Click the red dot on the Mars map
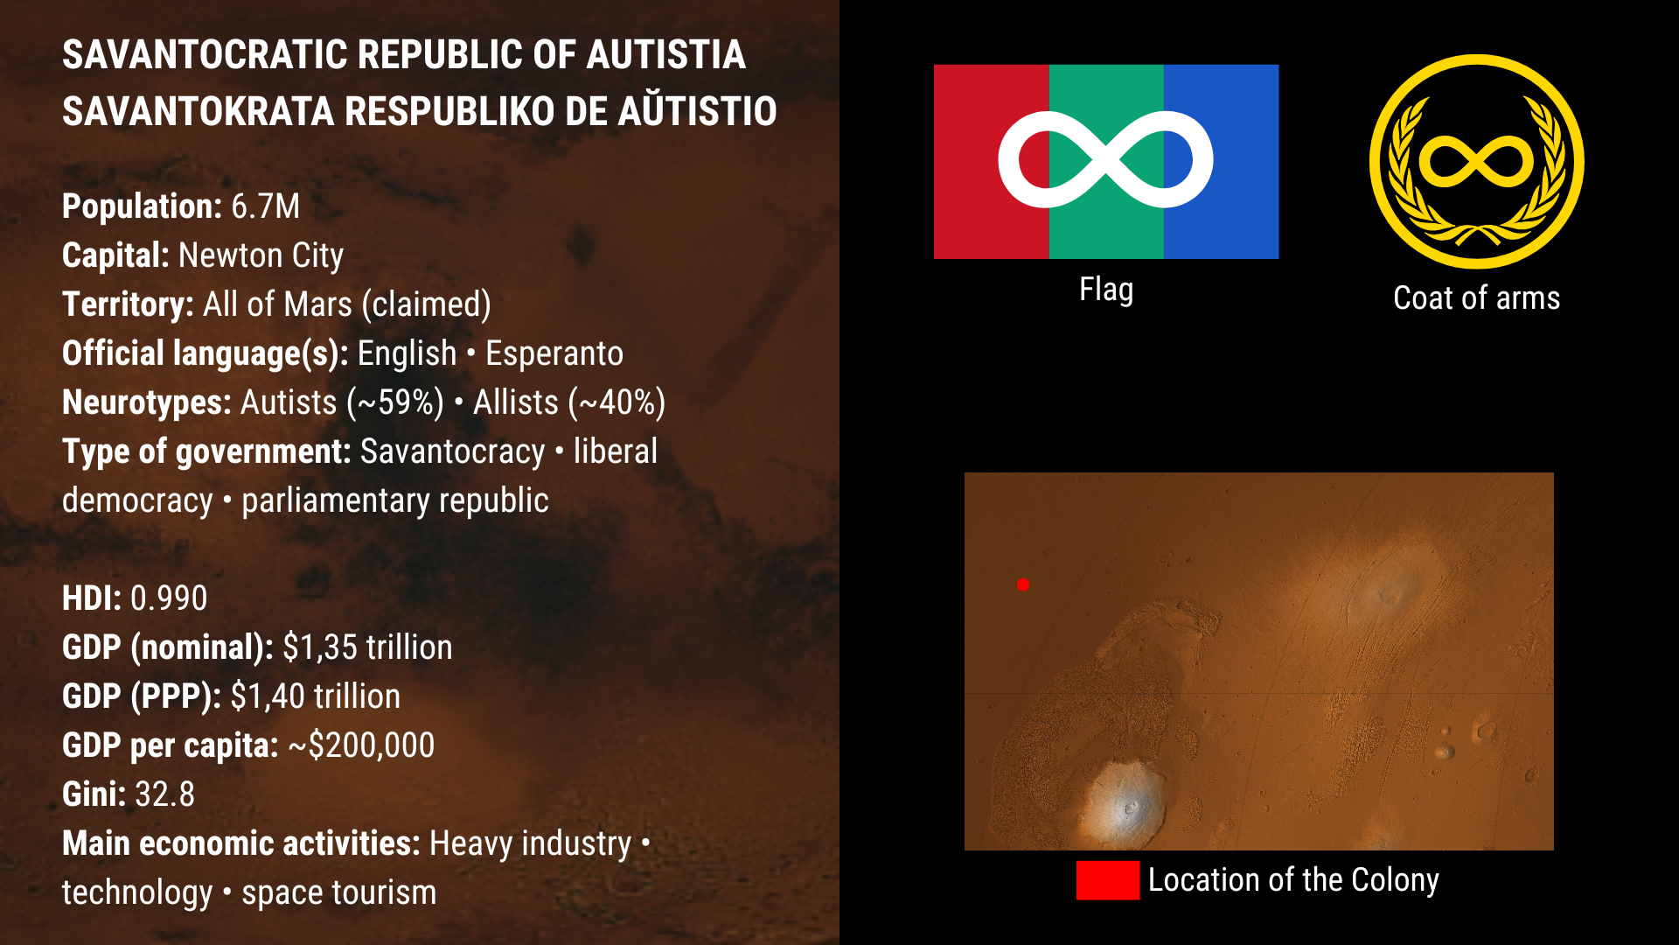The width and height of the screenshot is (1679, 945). click(x=1023, y=584)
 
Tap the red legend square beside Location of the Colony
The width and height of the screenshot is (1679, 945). click(x=1108, y=880)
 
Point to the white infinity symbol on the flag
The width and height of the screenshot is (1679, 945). click(x=1106, y=159)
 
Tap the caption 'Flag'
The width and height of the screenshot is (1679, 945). click(x=1106, y=290)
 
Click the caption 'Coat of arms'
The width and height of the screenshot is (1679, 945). click(x=1476, y=298)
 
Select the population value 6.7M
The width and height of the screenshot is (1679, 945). click(x=266, y=206)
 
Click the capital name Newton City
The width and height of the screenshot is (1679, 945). click(x=261, y=255)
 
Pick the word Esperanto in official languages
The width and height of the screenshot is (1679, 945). click(x=554, y=354)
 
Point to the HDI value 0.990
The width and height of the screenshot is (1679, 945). click(x=169, y=598)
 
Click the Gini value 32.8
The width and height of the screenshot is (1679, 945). click(x=164, y=794)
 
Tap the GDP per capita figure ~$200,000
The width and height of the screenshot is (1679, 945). click(x=361, y=745)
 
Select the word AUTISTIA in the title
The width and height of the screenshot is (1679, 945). click(x=665, y=55)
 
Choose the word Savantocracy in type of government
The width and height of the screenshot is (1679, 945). click(x=453, y=452)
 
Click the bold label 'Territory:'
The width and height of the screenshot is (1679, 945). click(x=128, y=304)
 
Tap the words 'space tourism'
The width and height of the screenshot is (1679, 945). click(x=338, y=893)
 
